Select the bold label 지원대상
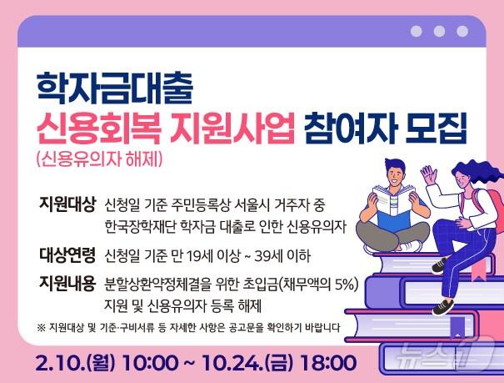67,204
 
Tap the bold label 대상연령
67,253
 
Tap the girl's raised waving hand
428,174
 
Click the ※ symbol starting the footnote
42,326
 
